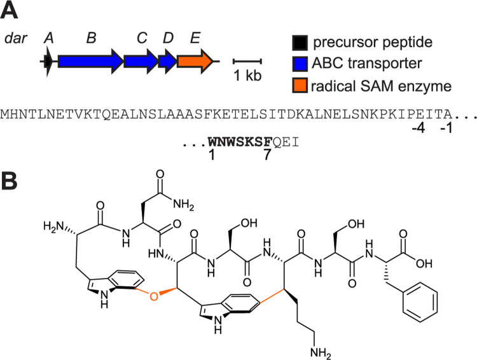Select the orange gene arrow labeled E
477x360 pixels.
click(195, 62)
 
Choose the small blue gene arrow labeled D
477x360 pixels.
click(168, 62)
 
